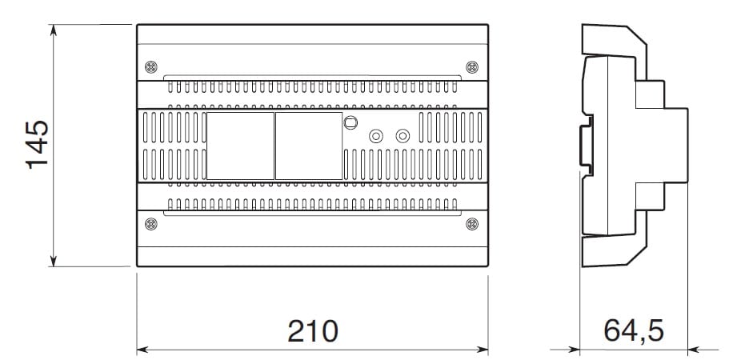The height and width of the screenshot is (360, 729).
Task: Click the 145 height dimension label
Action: (x=37, y=145)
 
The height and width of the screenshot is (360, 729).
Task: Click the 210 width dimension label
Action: (x=313, y=331)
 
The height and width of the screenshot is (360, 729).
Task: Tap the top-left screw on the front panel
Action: (x=151, y=67)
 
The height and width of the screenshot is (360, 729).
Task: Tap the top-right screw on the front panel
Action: (x=472, y=67)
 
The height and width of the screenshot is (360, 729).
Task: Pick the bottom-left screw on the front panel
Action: (x=151, y=224)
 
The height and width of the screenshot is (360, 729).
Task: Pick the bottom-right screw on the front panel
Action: (x=472, y=224)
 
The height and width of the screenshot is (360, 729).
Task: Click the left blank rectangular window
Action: (x=240, y=146)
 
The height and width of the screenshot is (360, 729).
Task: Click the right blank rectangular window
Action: (x=309, y=146)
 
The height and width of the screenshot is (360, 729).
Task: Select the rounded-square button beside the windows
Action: (x=350, y=122)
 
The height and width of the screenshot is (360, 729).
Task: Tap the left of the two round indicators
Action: (x=375, y=136)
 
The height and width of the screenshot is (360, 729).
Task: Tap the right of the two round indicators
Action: (x=403, y=136)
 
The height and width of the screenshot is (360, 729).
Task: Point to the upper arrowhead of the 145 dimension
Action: (x=54, y=30)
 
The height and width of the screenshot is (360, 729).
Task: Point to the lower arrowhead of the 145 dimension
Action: (x=54, y=261)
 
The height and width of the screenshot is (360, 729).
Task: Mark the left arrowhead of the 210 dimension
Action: (x=142, y=350)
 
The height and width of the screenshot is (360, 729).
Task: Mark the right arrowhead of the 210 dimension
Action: (x=483, y=350)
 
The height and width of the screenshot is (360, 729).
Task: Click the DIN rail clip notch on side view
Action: (x=587, y=146)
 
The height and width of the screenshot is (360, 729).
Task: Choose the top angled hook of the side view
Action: (x=615, y=41)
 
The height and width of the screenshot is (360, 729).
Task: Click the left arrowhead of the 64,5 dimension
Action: (x=574, y=350)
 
